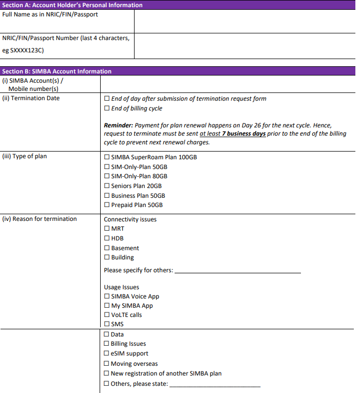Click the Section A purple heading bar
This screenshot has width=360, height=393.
pyautogui.click(x=180, y=5)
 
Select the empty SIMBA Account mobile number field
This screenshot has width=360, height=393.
pyautogui.click(x=226, y=84)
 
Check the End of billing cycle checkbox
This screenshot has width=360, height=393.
pyautogui.click(x=107, y=108)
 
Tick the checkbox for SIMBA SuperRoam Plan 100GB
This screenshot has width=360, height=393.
pyautogui.click(x=107, y=157)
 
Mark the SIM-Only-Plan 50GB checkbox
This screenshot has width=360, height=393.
pyautogui.click(x=107, y=167)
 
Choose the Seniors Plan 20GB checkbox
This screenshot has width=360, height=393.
pyautogui.click(x=107, y=186)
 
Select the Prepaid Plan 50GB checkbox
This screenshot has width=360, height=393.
pyautogui.click(x=107, y=205)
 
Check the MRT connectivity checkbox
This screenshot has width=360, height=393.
pyautogui.click(x=107, y=229)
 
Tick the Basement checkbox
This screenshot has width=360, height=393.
pyautogui.click(x=107, y=248)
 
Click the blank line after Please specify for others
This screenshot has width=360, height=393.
pyautogui.click(x=237, y=271)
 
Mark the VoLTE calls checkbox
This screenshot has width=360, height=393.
pyautogui.click(x=107, y=315)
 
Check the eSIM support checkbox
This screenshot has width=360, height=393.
pyautogui.click(x=106, y=353)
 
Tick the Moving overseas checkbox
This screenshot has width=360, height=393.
pyautogui.click(x=106, y=364)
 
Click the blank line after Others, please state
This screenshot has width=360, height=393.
pyautogui.click(x=215, y=384)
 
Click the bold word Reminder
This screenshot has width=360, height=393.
pyautogui.click(x=118, y=125)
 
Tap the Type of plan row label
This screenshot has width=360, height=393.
pyautogui.click(x=25, y=157)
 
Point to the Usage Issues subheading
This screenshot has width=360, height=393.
pyautogui.click(x=121, y=287)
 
